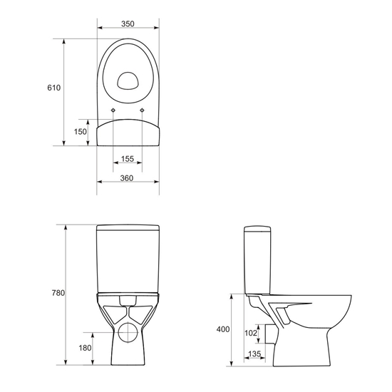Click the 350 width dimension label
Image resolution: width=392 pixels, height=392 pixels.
[128, 24]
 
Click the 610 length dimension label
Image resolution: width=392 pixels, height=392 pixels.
[53, 88]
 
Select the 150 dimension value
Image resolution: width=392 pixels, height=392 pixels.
[81, 131]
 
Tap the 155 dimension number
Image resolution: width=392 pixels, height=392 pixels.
[128, 159]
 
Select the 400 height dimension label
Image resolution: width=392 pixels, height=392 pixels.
[223, 329]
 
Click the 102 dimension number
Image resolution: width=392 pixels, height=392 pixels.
[250, 332]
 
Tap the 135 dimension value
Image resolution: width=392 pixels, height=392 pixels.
[254, 354]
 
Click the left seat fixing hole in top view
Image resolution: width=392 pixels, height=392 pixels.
[114, 110]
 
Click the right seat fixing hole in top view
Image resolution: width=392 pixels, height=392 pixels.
[143, 110]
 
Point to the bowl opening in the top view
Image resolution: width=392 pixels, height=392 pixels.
[128, 81]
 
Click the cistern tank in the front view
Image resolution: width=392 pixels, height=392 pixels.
[128, 260]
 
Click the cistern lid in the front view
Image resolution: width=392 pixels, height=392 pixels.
[128, 229]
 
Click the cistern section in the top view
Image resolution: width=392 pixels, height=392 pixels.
[128, 133]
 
